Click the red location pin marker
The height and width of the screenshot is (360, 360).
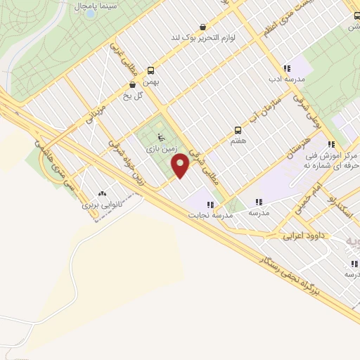coord(181,165)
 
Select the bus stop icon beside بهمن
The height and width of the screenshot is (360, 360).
coord(150,70)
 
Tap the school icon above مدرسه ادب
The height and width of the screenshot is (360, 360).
coord(286,68)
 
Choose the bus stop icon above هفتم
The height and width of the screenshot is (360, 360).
coord(238,130)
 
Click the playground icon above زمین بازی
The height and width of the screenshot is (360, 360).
coord(159,138)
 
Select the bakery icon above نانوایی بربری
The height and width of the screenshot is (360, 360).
coord(103,193)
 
